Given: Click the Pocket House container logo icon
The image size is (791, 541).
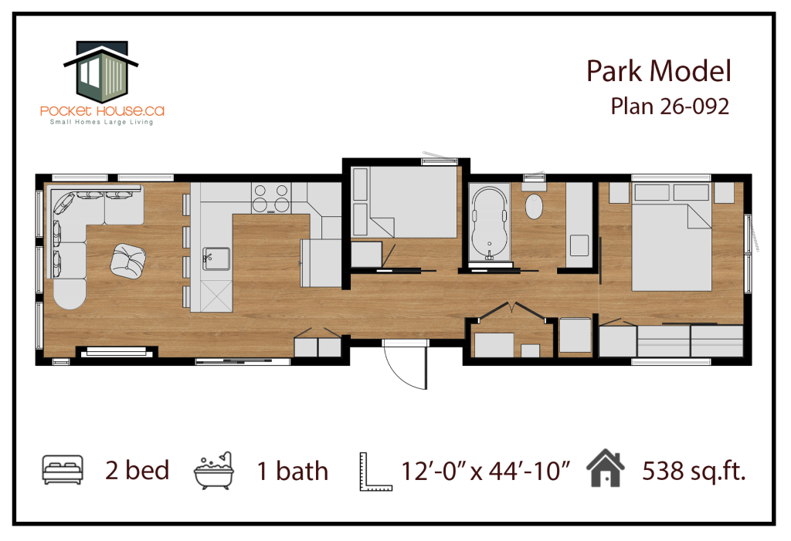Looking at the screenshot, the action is tap(101, 70).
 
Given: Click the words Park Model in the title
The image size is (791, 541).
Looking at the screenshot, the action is tap(658, 71).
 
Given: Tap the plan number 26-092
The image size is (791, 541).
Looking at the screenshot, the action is tap(694, 107).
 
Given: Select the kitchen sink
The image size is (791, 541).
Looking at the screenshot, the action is tap(216, 259).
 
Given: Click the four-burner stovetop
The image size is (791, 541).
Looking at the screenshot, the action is tap(271, 198).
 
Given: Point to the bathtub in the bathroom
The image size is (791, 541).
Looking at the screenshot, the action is tap(489, 223).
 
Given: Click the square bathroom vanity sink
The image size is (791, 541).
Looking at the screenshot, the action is tap(579, 245).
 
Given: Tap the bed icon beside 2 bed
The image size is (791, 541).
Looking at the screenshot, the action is tap(63, 469).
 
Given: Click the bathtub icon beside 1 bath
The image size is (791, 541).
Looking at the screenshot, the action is tap(214, 470).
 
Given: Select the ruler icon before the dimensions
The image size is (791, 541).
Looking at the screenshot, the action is tap(375, 472).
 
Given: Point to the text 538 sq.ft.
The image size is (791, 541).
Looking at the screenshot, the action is tap(694, 471).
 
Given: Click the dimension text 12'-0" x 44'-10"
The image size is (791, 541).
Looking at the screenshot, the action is tap(486, 472).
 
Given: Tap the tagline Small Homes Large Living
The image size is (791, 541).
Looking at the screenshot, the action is tap(101, 122).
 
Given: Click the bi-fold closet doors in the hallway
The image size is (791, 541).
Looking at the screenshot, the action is tap(512, 310).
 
